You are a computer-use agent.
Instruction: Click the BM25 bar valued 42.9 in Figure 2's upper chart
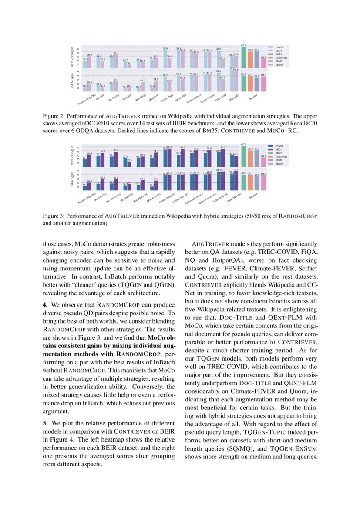click(244, 57)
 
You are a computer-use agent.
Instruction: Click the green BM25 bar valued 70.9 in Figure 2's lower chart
click(244, 83)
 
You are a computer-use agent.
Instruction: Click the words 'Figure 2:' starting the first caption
click(54, 116)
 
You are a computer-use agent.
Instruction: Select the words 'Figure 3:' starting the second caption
click(54, 216)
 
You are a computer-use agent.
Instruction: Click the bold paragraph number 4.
click(45, 304)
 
